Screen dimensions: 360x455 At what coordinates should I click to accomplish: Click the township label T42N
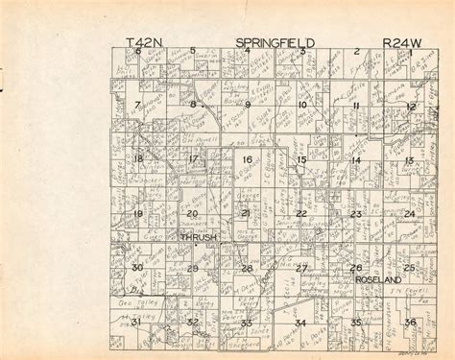coord(143,42)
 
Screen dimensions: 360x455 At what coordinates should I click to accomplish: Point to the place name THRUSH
coord(198,235)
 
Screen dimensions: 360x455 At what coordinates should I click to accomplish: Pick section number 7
coord(137,104)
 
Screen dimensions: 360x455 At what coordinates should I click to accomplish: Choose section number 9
coord(247,105)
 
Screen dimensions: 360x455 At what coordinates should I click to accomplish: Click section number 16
coord(247,159)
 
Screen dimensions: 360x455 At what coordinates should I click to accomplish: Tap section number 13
coord(409,159)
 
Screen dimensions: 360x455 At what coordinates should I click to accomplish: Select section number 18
coord(138,159)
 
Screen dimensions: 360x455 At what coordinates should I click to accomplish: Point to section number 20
coord(192,213)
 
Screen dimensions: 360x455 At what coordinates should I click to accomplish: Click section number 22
coord(301,213)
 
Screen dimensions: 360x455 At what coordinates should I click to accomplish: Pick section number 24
coord(410,213)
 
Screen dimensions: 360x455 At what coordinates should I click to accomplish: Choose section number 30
coord(138,268)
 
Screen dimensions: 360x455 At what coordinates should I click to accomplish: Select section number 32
coord(193,323)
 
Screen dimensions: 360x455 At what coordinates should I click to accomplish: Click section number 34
coord(301,323)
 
